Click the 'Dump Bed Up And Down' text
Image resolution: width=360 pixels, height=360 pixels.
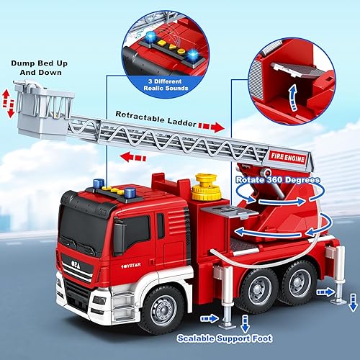tap(39, 67)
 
